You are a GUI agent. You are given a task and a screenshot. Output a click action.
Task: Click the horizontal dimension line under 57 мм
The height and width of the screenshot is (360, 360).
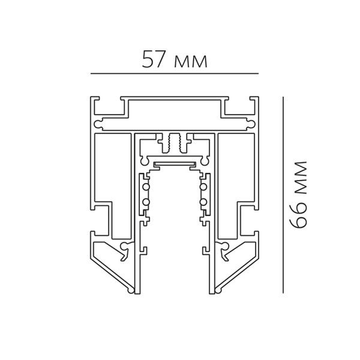point(174,73)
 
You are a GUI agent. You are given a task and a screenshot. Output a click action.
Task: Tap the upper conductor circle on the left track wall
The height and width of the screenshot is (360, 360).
point(145,187)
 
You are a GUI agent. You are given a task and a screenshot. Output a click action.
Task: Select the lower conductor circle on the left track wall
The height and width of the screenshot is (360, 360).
point(145,202)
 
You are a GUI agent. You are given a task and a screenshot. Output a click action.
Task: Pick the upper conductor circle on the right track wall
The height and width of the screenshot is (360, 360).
point(204,187)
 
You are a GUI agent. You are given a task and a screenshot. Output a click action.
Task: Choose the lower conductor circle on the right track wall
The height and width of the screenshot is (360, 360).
point(204,202)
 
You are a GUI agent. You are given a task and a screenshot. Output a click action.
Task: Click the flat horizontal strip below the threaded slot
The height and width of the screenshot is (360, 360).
point(175,163)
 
